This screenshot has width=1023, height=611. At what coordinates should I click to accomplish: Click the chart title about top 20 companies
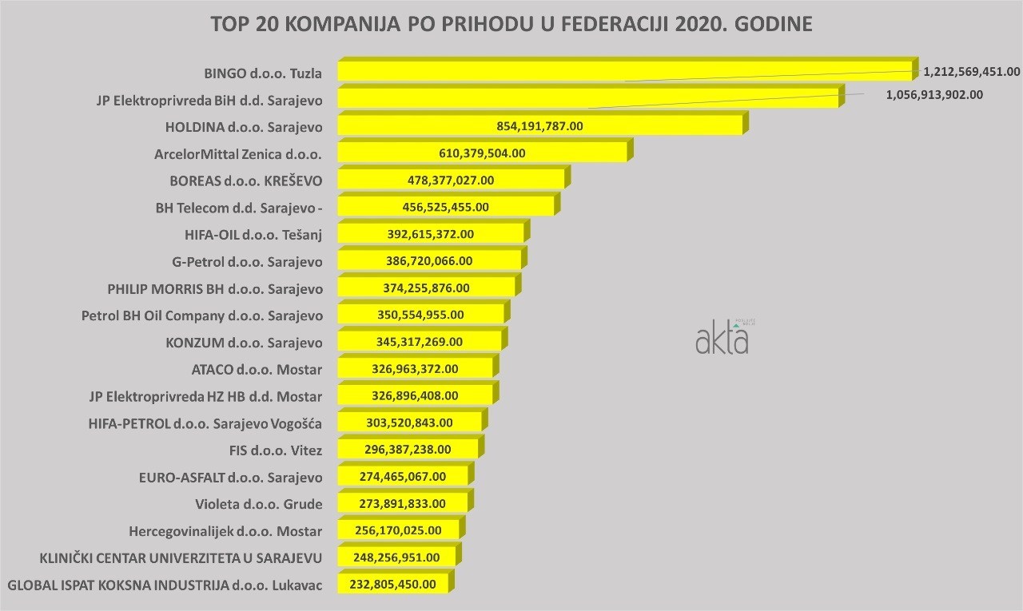(511, 23)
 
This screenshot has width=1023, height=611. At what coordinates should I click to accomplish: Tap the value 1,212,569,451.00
(971, 71)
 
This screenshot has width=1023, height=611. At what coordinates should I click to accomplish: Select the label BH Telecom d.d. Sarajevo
(239, 208)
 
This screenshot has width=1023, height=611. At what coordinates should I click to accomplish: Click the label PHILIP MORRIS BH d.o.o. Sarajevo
(215, 288)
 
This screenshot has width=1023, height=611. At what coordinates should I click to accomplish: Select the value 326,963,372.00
(416, 369)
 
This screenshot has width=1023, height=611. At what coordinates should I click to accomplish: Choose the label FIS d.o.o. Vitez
(275, 450)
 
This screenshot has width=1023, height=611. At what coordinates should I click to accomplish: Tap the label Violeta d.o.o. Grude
(258, 505)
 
